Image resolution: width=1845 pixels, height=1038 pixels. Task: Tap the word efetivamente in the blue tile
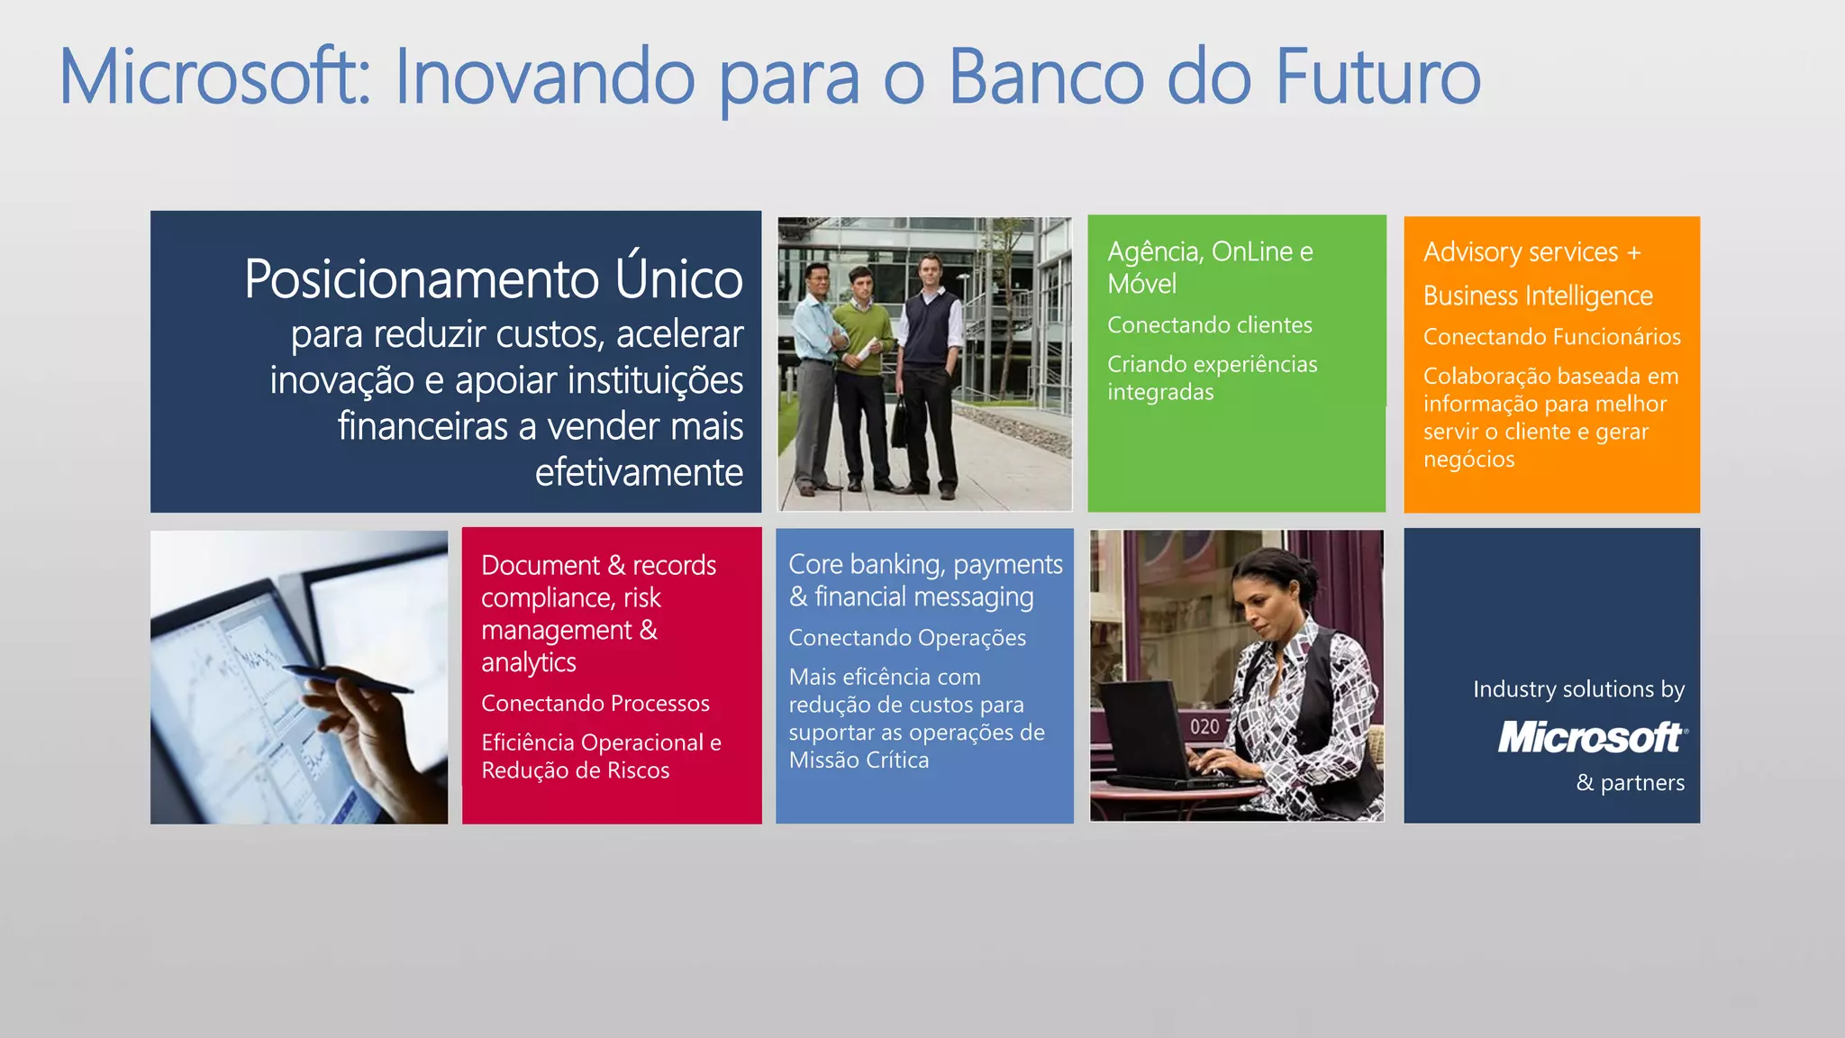coord(639,471)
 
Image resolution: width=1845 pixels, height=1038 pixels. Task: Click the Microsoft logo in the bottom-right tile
coord(1591,737)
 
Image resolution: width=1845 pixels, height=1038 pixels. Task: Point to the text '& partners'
coord(1630,782)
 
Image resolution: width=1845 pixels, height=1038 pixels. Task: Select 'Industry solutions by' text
coord(1578,689)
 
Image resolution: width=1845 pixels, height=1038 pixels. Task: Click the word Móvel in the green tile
coord(1141,284)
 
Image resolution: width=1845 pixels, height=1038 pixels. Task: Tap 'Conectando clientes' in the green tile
coord(1209,324)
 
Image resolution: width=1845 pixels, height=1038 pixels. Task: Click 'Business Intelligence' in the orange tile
coord(1538,296)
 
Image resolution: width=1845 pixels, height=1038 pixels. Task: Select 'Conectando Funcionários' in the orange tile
coord(1551,336)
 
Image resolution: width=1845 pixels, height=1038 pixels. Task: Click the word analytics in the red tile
coord(529,662)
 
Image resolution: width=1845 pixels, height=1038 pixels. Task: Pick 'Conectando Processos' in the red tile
coord(595,703)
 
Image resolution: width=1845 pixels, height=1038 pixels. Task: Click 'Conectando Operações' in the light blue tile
coord(907,637)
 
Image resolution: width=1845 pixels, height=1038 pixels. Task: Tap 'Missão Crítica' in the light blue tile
coord(859,760)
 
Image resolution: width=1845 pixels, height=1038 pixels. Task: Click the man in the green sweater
coord(863,360)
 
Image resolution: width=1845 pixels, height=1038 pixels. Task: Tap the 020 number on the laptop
coord(1204,726)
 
